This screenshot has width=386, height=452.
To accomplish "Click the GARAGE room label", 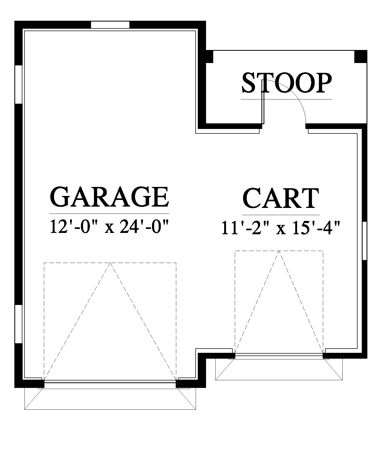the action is pos(109,197).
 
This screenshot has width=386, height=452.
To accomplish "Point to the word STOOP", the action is pos(287,83).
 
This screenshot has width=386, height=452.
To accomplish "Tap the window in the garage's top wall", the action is pos(110,24).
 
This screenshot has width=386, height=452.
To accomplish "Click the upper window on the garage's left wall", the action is pos(18,84).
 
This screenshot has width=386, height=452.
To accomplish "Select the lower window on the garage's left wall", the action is pos(18,324).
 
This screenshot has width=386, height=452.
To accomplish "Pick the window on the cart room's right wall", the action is pos(365,240).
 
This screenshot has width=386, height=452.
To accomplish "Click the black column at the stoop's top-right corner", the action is pos(361,57).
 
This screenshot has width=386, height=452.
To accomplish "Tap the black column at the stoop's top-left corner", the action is pos(210,57).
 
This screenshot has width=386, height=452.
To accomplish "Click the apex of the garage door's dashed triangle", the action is pos(110,263).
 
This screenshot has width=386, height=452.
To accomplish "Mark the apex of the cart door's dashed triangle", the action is pos(279,251).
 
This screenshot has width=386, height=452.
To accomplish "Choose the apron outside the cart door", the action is pos(279,369).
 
